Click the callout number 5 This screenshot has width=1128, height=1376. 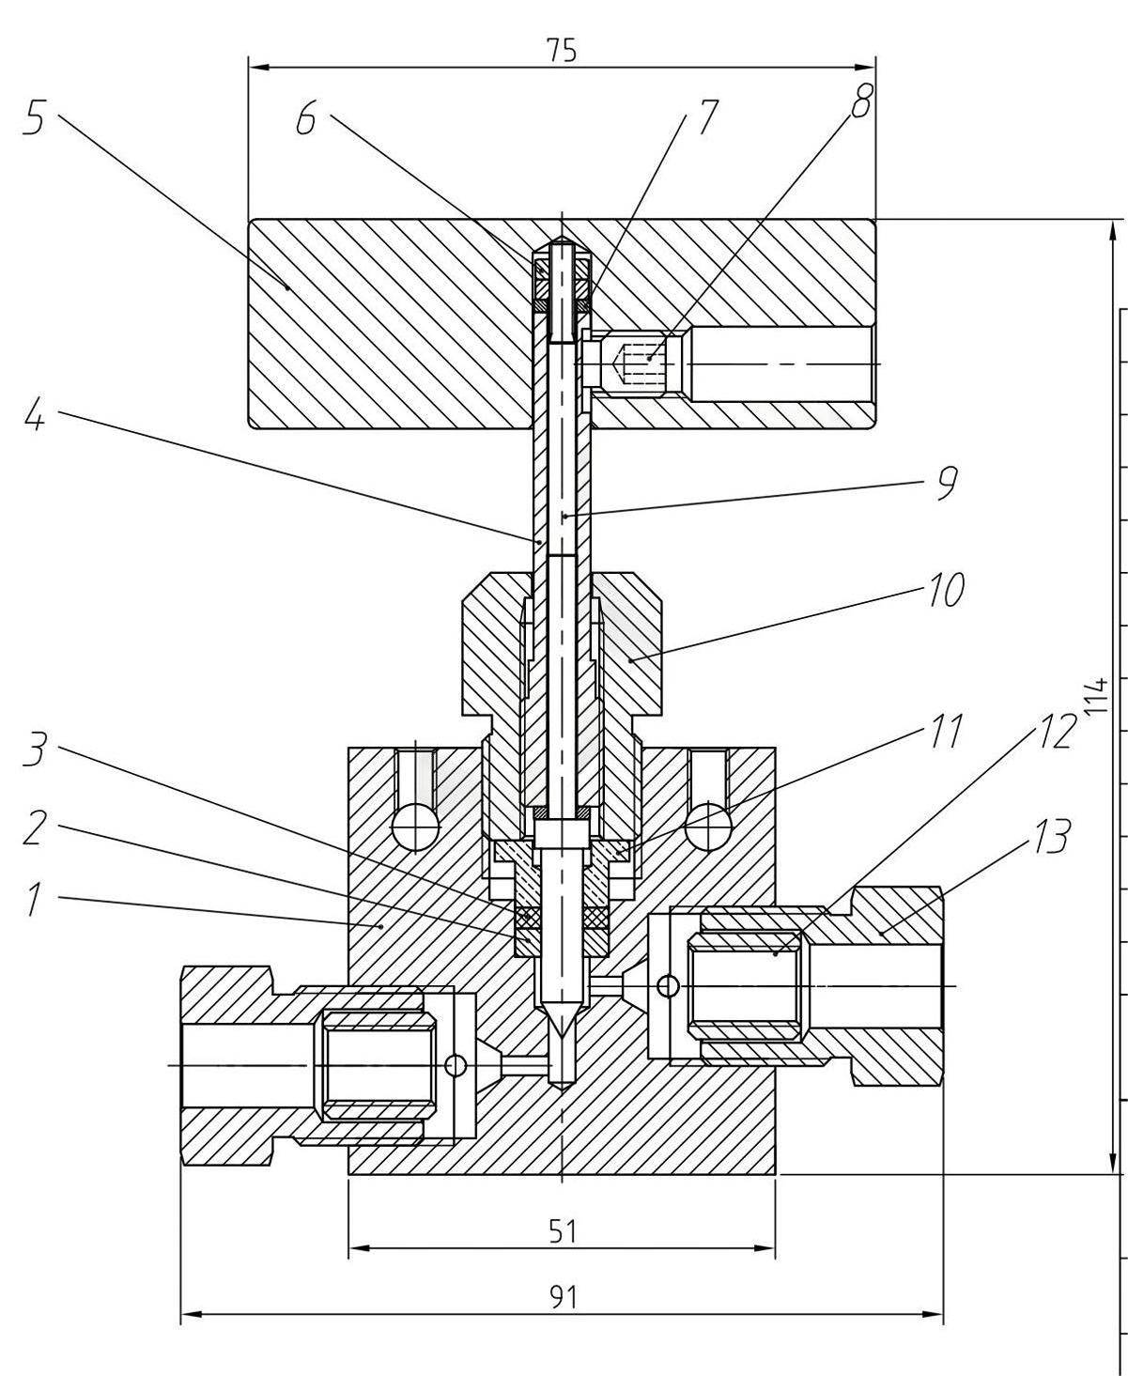click(34, 120)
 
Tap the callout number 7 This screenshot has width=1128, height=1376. click(705, 117)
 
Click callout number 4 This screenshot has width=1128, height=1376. click(34, 415)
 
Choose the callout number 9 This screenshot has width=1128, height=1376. click(946, 483)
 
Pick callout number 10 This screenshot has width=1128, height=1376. click(946, 592)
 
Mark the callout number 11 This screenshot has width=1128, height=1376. click(946, 732)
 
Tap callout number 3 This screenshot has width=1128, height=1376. click(34, 752)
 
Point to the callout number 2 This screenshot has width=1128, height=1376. click(34, 828)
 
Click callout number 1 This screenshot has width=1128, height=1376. click(34, 899)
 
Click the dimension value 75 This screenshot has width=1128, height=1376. click(562, 51)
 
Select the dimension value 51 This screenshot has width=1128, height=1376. click(562, 1230)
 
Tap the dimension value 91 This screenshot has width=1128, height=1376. click(562, 1297)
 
